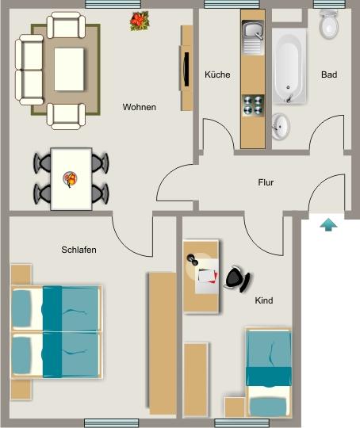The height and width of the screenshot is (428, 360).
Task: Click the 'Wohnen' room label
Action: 139,107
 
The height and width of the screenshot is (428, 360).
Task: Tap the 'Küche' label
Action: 217,75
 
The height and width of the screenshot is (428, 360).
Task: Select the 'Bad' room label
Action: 329,75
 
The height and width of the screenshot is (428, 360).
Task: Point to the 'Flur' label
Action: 266,182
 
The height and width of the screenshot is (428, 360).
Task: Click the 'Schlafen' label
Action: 79,250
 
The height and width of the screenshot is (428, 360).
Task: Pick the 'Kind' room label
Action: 263,301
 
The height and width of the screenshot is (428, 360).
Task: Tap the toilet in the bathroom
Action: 328,26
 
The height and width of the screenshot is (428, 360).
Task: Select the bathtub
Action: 289,67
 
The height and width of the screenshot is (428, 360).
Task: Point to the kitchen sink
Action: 254,32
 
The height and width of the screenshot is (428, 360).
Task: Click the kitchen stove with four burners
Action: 253,106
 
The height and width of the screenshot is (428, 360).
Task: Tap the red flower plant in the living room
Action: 140,21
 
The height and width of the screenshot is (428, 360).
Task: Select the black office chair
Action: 236,278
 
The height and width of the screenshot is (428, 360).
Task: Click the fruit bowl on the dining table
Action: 71,179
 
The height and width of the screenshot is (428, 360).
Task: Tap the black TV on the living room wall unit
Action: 185,69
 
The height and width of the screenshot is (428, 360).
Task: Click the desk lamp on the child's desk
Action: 193,258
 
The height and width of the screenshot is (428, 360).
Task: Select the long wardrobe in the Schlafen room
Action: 163,342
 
